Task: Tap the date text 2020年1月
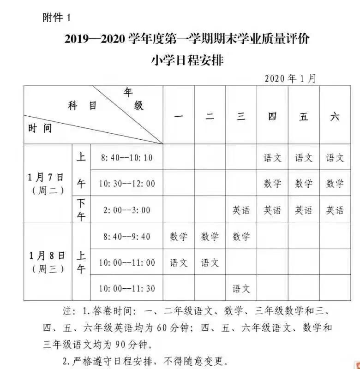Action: point(290,78)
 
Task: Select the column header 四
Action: point(272,116)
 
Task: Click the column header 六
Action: point(335,116)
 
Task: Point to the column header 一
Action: point(179,116)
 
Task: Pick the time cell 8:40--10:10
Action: point(126,158)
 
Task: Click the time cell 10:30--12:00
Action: point(126,184)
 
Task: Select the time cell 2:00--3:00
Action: point(126,210)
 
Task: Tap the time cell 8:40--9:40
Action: point(126,237)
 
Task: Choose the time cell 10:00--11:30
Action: point(126,289)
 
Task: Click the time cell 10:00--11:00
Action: point(126,262)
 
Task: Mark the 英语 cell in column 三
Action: point(241,210)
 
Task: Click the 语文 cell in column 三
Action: point(241,289)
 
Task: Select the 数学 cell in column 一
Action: point(179,237)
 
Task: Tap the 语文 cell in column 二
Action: point(210,262)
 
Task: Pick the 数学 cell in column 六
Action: point(335,184)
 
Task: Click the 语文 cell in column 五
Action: point(304,158)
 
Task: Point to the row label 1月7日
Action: point(46,178)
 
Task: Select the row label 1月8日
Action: point(46,256)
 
